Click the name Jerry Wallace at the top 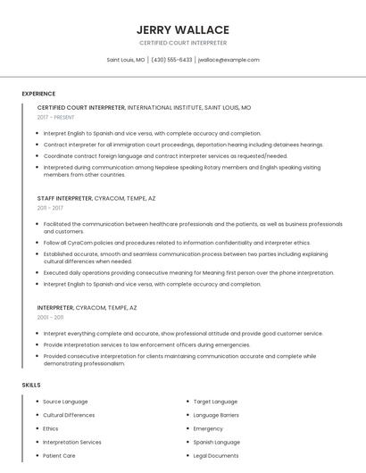(x=183, y=29)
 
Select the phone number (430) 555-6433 (x=171, y=60)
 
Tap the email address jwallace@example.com (x=229, y=60)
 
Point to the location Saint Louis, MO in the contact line (x=126, y=60)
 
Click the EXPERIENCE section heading (x=38, y=94)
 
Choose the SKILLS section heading (x=31, y=385)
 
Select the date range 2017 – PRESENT (x=55, y=117)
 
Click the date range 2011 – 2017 (x=50, y=208)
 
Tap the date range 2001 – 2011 (x=50, y=317)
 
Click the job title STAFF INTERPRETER (x=64, y=198)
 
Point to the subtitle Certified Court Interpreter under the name (x=183, y=43)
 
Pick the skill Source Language (x=65, y=402)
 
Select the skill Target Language (x=215, y=402)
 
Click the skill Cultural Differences (x=69, y=415)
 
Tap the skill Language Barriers (x=216, y=415)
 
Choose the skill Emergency (x=208, y=428)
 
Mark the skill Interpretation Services (x=72, y=442)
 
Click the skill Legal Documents (x=216, y=456)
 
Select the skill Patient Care (x=59, y=456)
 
